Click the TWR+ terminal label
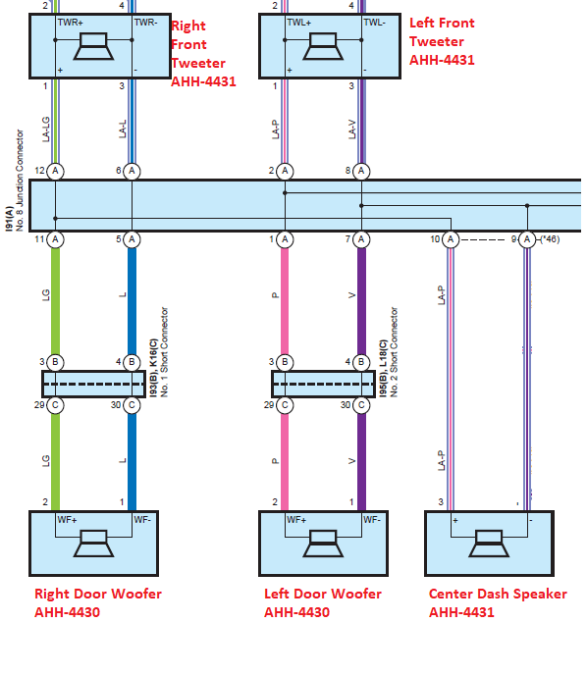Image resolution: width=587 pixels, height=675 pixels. coord(70,23)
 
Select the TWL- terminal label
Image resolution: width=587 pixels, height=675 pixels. coord(374,23)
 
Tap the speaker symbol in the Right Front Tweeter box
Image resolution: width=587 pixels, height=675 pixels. coord(93,46)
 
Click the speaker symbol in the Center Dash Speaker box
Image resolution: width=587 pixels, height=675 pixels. coord(489,544)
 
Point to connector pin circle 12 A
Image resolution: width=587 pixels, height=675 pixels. coord(55,171)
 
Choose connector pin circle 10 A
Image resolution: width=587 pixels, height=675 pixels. coord(451,239)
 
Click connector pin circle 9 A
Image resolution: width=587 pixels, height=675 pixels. coord(527,239)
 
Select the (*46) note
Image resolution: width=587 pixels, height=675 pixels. coord(550,239)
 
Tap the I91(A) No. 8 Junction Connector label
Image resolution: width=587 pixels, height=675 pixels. coord(14,181)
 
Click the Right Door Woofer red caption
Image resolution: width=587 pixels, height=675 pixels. coord(98,602)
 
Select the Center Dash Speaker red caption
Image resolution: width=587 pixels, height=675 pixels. coord(498,602)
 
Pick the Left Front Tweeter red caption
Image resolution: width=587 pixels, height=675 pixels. coord(442,41)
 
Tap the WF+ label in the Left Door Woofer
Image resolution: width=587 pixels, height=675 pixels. coord(296,520)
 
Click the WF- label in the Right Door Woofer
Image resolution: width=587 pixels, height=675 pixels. coord(142,520)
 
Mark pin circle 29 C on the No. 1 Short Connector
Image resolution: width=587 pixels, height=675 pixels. coord(55,405)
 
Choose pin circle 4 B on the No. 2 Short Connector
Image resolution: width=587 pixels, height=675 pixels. coord(361,362)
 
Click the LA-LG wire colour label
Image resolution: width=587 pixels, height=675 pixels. coord(46,130)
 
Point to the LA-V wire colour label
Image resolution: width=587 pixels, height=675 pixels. coord(352,130)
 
